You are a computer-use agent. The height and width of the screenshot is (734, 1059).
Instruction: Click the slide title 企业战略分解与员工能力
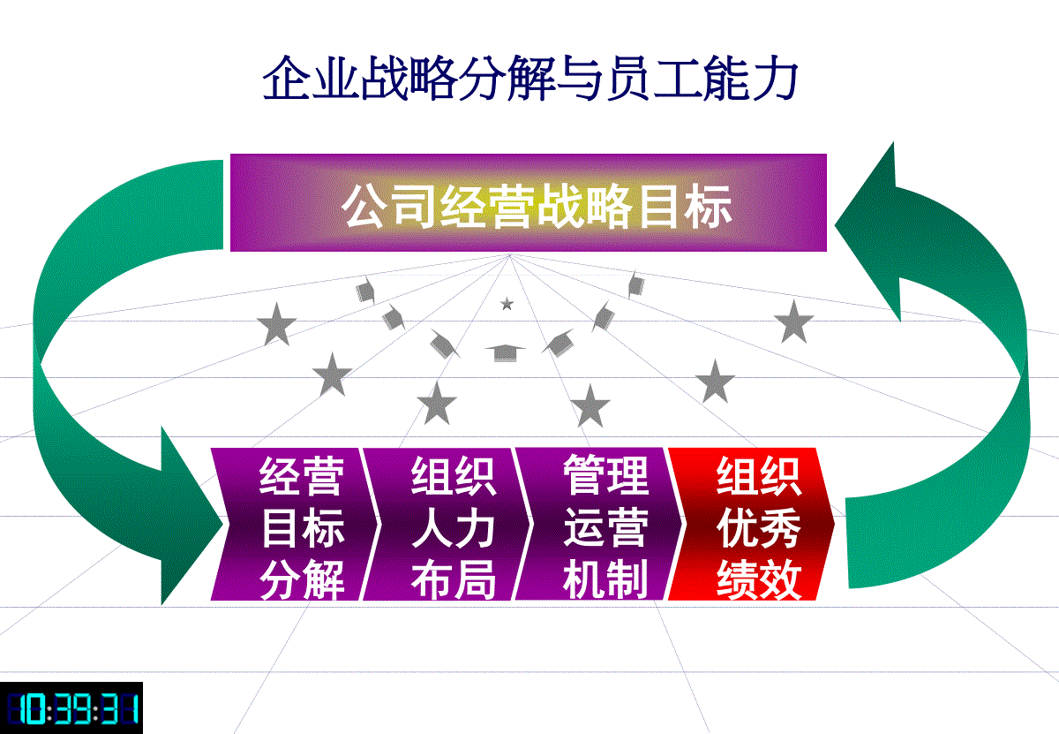[530, 78]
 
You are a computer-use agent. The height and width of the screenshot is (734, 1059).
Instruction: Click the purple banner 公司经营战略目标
[528, 202]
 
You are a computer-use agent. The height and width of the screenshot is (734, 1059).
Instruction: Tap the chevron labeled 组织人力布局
[447, 524]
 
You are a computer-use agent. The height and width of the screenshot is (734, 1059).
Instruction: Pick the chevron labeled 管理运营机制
[599, 524]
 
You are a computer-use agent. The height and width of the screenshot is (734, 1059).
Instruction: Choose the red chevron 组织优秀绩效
[752, 524]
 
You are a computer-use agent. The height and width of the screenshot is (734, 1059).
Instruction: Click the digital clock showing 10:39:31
[71, 708]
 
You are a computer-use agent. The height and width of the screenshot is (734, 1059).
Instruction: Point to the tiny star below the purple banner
[507, 303]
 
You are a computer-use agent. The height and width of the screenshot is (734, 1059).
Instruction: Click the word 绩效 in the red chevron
[759, 579]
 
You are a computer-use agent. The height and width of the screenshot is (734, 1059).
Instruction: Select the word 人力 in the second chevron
[454, 527]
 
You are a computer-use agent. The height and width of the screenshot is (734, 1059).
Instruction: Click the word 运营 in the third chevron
[605, 527]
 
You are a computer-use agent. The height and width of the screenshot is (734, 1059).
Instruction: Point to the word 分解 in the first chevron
[302, 579]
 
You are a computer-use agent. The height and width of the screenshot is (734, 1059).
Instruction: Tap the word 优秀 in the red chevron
[759, 527]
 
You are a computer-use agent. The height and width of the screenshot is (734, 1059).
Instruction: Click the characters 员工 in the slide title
[653, 78]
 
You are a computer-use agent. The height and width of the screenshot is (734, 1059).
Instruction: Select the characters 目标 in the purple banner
[685, 208]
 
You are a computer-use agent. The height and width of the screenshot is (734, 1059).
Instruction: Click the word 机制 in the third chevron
[605, 579]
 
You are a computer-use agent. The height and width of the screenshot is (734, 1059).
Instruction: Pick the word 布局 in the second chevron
[454, 579]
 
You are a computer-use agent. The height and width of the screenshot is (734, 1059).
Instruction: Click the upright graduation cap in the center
[505, 352]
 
